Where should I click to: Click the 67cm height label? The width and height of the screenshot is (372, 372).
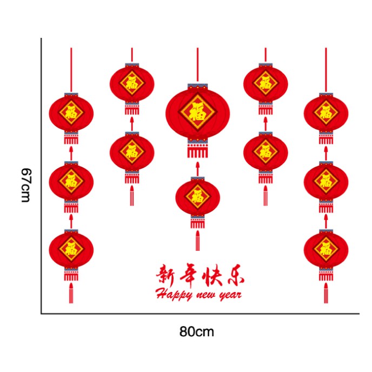25,185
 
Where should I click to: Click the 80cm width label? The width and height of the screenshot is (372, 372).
197,331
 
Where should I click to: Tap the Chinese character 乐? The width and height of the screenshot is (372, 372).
234,275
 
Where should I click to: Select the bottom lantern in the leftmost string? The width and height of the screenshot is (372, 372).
71,249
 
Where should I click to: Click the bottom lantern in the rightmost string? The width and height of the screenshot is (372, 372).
325,249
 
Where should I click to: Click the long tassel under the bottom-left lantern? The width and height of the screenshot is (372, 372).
71,293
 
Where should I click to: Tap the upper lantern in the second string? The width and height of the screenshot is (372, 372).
132,83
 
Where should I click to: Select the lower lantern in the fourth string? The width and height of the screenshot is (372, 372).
265,151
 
